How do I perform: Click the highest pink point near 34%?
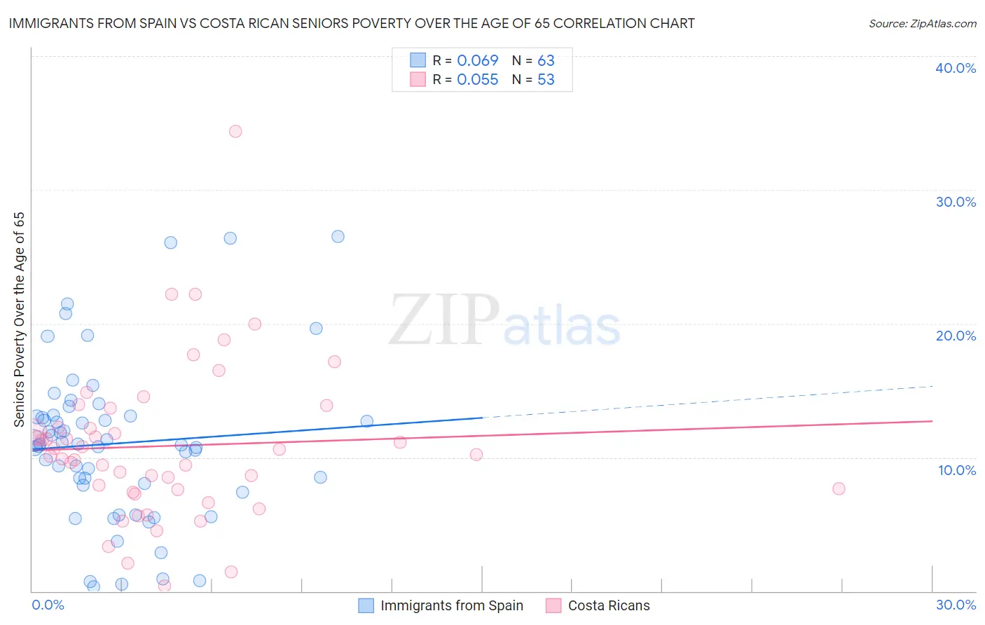[x=235, y=131]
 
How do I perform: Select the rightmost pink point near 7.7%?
[x=839, y=488]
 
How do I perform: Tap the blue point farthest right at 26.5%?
[x=338, y=236]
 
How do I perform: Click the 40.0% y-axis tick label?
[x=956, y=68]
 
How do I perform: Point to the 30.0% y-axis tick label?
[x=956, y=202]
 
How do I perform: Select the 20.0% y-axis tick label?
[x=956, y=336]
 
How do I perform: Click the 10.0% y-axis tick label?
[x=957, y=470]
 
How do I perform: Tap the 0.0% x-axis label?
[x=48, y=605]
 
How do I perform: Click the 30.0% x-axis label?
[x=956, y=605]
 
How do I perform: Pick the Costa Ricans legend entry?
[x=608, y=605]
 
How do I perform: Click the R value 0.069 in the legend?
[x=477, y=61]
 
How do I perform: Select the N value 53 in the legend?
[x=546, y=80]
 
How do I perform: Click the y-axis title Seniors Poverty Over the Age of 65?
[x=19, y=320]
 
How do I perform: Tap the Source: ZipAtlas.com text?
[x=922, y=24]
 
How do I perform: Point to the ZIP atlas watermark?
[x=504, y=322]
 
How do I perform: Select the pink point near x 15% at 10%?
[x=476, y=454]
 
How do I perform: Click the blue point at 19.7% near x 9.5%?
[x=316, y=329]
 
